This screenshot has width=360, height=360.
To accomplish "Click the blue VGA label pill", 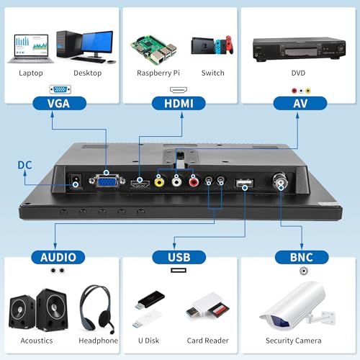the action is [59, 104].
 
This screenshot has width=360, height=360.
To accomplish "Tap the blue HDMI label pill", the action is [179, 104].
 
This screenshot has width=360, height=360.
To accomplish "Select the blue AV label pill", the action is [300, 104].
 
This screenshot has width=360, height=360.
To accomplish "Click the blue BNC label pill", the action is [302, 257].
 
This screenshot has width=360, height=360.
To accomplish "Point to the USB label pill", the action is [179, 257].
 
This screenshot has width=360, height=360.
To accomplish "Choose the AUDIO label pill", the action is [58, 257].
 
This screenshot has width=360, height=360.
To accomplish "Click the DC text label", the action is [24, 165].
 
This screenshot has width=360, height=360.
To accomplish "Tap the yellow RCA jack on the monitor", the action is [159, 182].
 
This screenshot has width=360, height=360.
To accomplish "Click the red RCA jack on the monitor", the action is [194, 182].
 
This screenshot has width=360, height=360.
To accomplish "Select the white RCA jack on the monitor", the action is [176, 182].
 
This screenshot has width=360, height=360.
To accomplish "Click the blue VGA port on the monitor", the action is [107, 181].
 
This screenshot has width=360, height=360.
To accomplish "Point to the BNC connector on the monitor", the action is [280, 180].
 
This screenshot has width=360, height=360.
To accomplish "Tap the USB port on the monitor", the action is [244, 184].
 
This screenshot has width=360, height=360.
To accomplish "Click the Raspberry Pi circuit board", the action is [153, 50].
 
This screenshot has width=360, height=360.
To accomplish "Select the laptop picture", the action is [31, 49].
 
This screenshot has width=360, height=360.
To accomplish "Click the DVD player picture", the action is [299, 49].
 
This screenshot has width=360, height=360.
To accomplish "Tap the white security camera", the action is [297, 305].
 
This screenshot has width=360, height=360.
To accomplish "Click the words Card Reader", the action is [207, 341].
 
